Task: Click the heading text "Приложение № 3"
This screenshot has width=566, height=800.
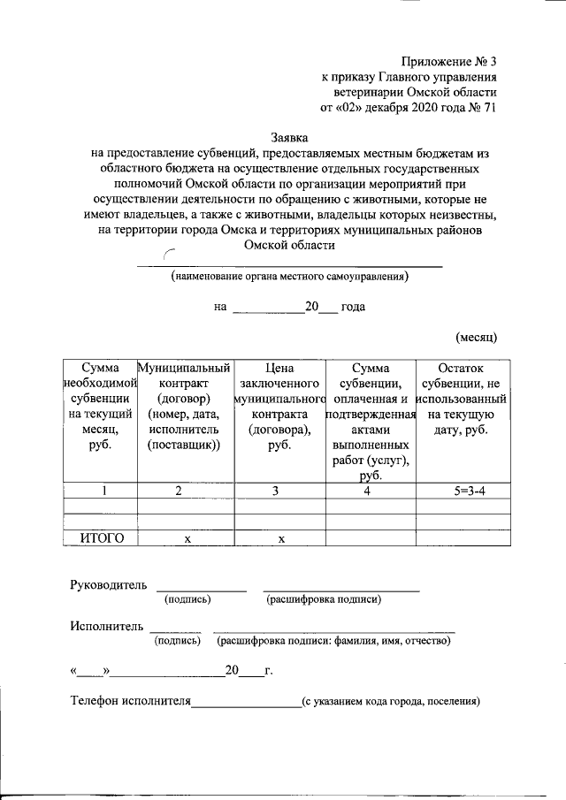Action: [449, 61]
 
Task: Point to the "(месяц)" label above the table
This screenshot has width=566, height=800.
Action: [477, 337]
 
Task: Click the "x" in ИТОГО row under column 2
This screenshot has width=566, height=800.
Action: [187, 538]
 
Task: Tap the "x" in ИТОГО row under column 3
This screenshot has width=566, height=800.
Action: [280, 538]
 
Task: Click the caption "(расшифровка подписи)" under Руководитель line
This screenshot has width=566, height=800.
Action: [324, 600]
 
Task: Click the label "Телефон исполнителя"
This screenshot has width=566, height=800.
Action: [131, 702]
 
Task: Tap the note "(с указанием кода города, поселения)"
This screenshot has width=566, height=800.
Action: [390, 703]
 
